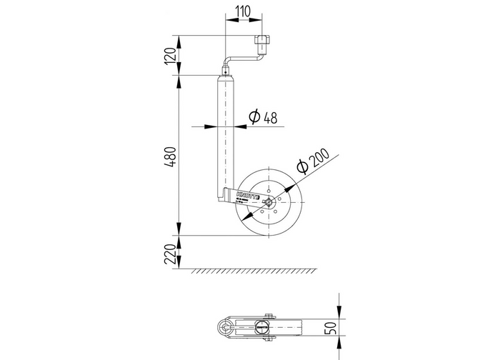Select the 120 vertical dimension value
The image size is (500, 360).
(x=169, y=55)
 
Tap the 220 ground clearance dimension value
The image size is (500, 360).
(x=169, y=252)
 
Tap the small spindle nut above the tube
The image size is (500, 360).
(x=226, y=71)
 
